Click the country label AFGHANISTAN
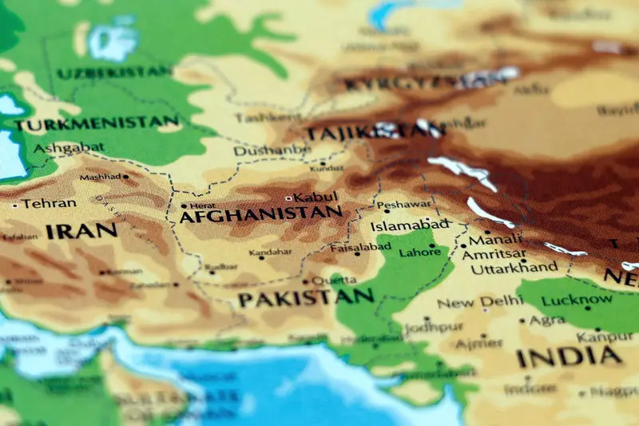(x=260, y=214)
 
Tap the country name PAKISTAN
(x=305, y=298)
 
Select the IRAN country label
(x=81, y=232)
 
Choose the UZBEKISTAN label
(x=114, y=72)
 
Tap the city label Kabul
(x=316, y=197)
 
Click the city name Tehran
(x=50, y=204)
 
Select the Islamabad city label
(x=410, y=225)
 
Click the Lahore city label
(x=419, y=252)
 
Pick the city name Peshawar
(x=403, y=205)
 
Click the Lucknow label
(x=577, y=301)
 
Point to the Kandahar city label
(x=270, y=253)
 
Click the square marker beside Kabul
(x=288, y=197)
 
